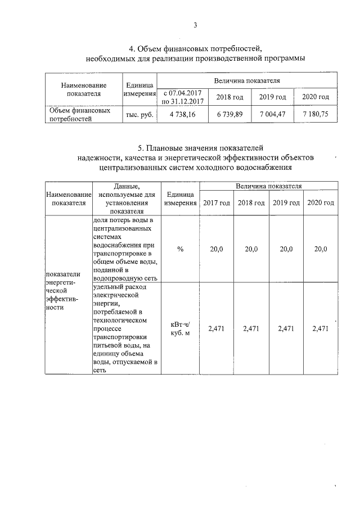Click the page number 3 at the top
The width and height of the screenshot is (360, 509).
(195, 25)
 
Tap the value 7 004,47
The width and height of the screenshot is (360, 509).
(273, 114)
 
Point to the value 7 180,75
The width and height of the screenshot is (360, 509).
(315, 114)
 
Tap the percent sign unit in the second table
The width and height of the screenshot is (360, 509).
(180, 249)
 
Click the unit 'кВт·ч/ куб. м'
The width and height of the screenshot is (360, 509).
(180, 329)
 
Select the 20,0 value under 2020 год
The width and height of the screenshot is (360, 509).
(321, 249)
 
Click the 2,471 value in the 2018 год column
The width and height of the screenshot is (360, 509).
(251, 329)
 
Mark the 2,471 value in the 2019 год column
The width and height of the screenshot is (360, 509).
(286, 329)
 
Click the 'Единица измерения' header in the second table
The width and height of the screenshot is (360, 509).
(180, 198)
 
